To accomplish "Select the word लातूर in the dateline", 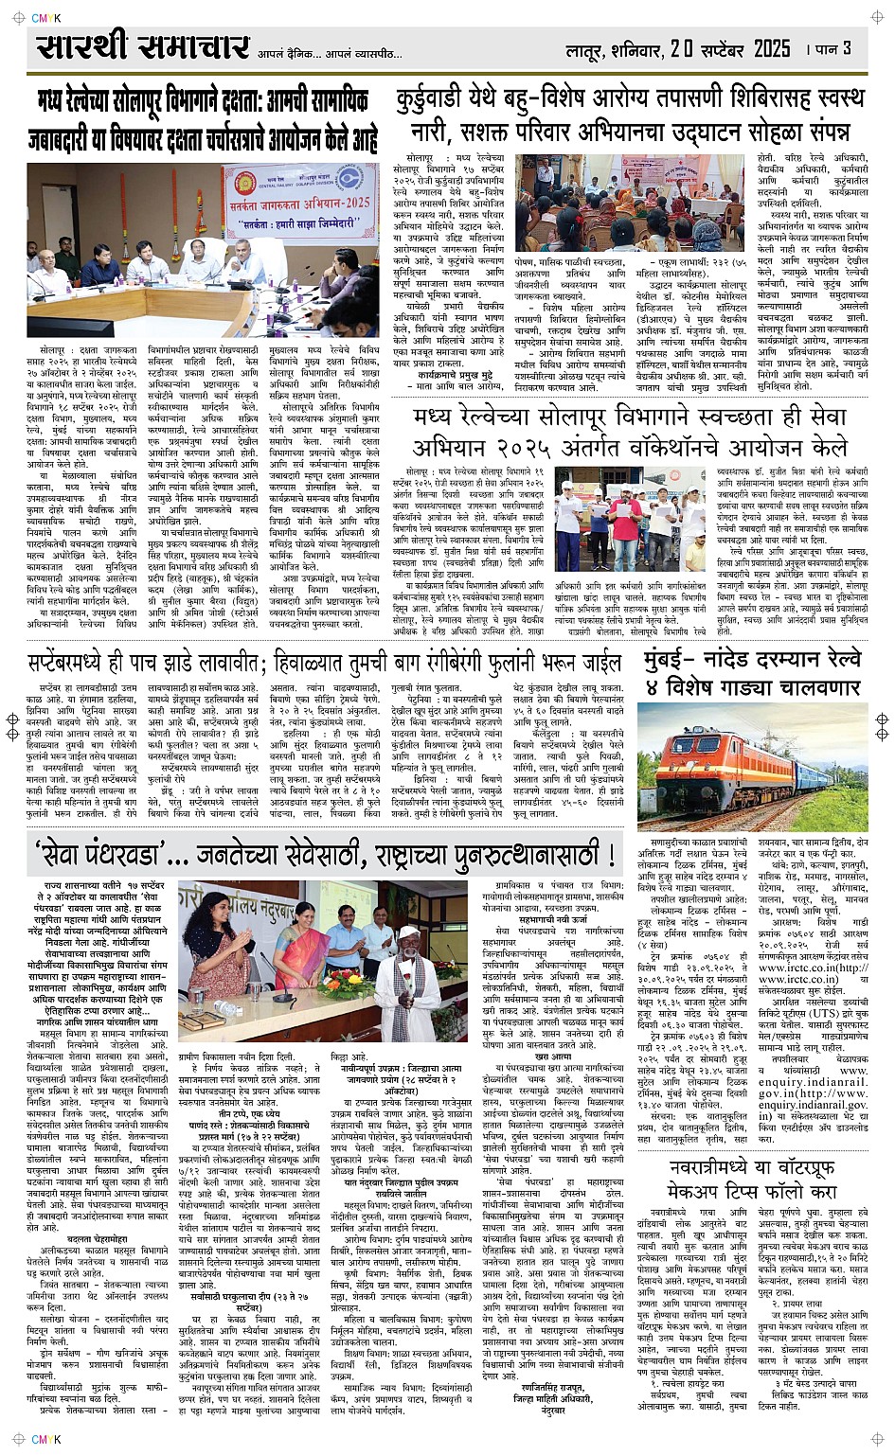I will (x=585, y=49).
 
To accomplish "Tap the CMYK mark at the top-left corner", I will (x=45, y=17).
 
